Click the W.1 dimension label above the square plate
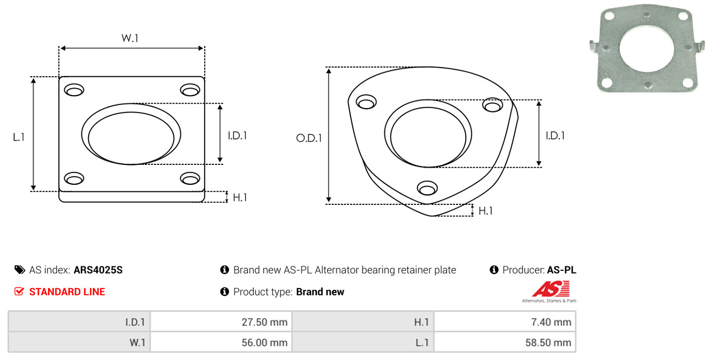(x=130, y=38)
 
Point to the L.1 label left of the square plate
(x=19, y=137)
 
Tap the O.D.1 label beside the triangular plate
(x=309, y=138)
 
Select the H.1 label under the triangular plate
(x=485, y=211)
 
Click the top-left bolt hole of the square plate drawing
(x=74, y=90)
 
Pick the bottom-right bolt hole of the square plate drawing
(x=190, y=178)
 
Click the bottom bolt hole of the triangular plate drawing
(x=427, y=188)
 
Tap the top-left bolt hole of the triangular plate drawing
(x=366, y=102)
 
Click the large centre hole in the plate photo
(x=647, y=49)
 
